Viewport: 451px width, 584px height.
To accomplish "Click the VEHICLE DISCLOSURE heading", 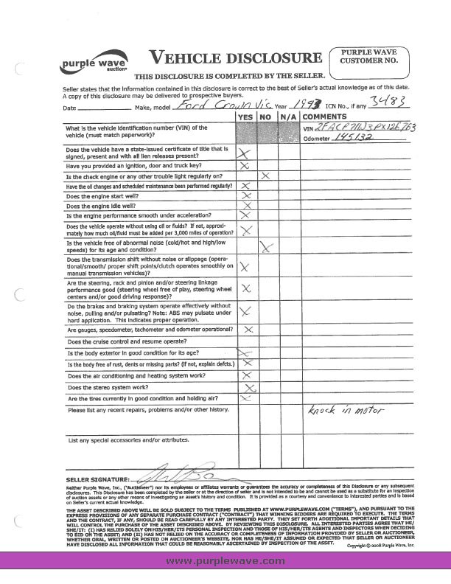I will point(235,58).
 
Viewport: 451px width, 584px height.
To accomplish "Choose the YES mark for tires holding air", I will point(247,398).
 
